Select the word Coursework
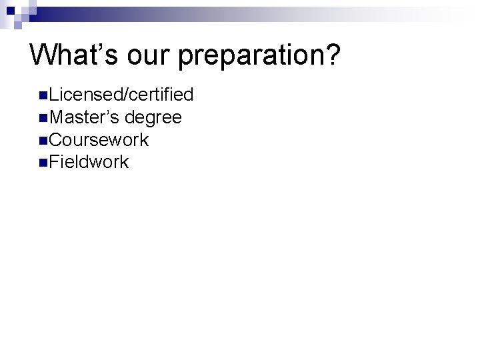point(99,140)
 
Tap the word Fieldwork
point(89,162)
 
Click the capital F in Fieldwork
point(53,162)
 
